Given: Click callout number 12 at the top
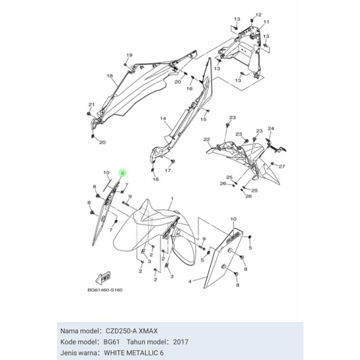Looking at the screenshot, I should point(258,14).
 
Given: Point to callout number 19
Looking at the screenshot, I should point(129,55).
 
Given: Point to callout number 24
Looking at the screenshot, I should point(272,129).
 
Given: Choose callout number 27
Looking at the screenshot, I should point(282,166).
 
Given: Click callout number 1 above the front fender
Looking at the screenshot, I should point(171,198).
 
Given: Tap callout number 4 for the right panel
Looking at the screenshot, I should point(190,281).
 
